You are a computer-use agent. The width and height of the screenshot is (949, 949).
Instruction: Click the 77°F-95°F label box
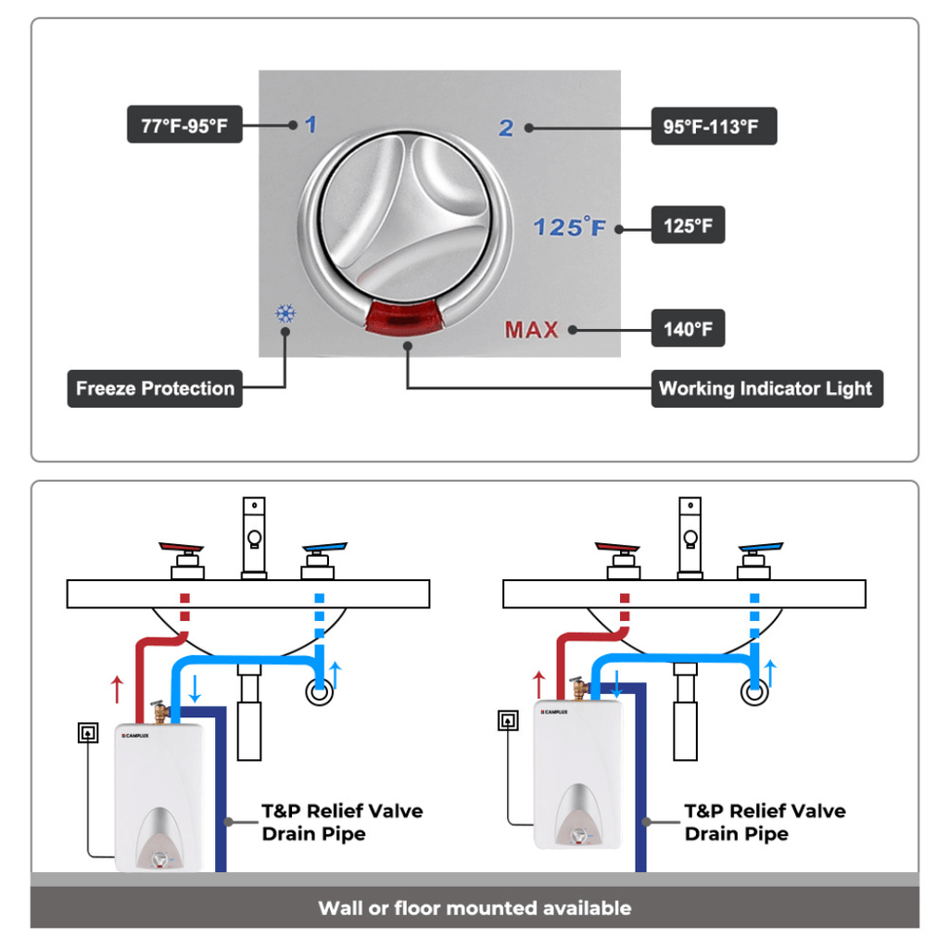click(184, 126)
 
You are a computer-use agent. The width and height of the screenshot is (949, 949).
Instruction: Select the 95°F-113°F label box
click(713, 126)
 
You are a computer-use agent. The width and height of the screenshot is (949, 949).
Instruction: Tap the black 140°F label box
click(688, 329)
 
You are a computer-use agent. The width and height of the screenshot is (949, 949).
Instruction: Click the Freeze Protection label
click(155, 389)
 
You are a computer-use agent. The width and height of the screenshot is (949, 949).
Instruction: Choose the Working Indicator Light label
click(766, 389)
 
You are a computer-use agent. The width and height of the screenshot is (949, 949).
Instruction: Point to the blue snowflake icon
click(285, 313)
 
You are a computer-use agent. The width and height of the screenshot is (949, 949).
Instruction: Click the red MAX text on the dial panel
click(532, 329)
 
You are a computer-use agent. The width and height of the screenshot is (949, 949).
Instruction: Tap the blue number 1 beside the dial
click(310, 124)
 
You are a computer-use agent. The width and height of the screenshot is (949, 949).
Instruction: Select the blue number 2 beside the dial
click(506, 128)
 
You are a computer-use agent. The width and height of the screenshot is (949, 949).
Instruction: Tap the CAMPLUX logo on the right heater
click(556, 712)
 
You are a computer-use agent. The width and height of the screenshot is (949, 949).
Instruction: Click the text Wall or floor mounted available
click(474, 908)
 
